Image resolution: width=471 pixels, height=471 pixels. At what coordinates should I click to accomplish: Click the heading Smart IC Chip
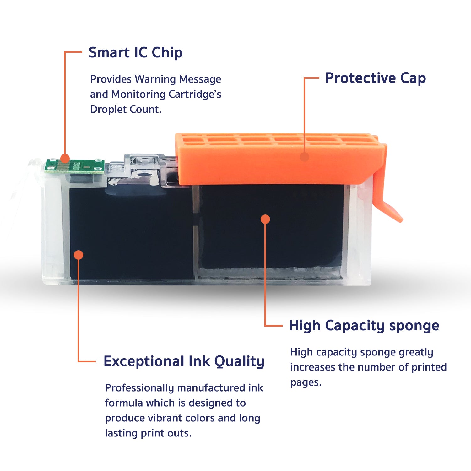pyautogui.click(x=136, y=52)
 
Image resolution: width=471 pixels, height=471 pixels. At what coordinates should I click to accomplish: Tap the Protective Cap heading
pyautogui.click(x=376, y=78)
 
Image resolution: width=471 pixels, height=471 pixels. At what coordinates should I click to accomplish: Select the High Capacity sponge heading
pyautogui.click(x=364, y=326)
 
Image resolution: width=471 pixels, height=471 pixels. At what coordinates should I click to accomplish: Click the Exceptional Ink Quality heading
pyautogui.click(x=184, y=361)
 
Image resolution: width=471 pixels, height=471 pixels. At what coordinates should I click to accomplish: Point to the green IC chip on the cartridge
pyautogui.click(x=74, y=166)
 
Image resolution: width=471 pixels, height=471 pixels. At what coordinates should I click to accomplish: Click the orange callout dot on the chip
pyautogui.click(x=65, y=158)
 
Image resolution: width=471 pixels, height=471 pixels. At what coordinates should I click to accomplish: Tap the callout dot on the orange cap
pyautogui.click(x=305, y=157)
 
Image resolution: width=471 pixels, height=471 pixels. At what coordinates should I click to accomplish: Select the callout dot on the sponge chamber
pyautogui.click(x=265, y=219)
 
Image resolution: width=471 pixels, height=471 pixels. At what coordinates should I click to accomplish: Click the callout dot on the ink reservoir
pyautogui.click(x=78, y=255)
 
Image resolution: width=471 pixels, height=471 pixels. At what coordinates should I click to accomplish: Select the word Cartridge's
pyautogui.click(x=195, y=94)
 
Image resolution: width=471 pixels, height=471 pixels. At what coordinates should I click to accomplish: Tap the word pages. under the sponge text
pyautogui.click(x=306, y=383)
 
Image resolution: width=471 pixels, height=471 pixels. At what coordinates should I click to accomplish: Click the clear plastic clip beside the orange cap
pyautogui.click(x=146, y=170)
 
